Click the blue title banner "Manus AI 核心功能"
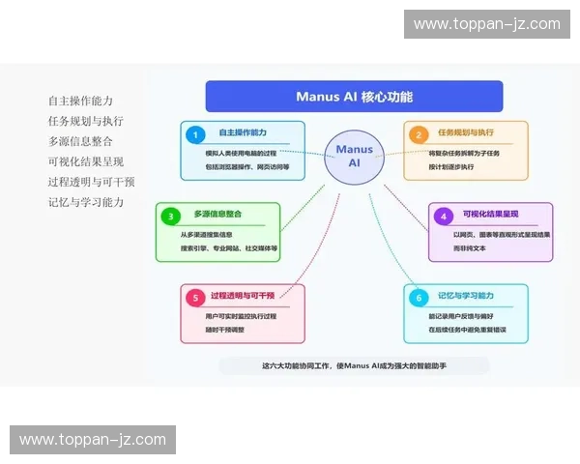[354, 97]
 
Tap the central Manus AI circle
[354, 157]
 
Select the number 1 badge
[196, 134]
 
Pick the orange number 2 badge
[419, 134]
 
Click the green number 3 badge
[171, 216]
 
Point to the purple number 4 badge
[443, 216]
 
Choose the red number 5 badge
[196, 297]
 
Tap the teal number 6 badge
[419, 297]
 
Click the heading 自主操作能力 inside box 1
[243, 132]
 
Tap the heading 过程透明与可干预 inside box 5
[243, 295]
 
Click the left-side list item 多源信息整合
[80, 141]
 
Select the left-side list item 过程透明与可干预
[91, 182]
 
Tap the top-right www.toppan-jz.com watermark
[486, 24]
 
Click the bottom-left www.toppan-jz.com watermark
[92, 440]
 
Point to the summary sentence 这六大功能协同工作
[354, 365]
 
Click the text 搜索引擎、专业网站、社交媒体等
[228, 248]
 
